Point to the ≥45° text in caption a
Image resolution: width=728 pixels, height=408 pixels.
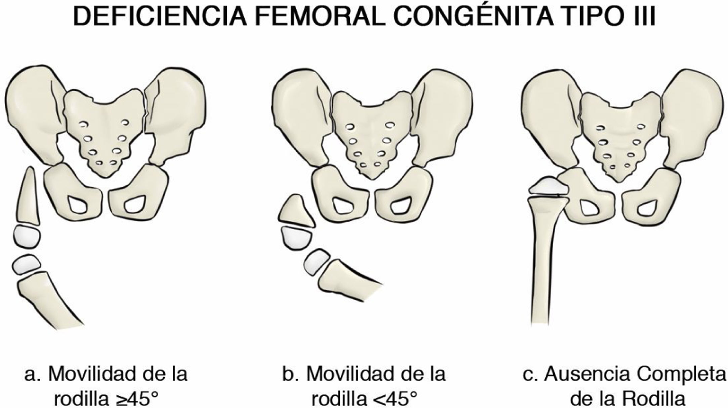(x=135, y=399)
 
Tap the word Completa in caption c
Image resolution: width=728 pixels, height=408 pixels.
(x=685, y=374)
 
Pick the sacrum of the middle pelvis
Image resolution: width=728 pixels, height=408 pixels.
(x=371, y=138)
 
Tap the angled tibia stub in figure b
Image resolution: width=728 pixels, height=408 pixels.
(x=346, y=277)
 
